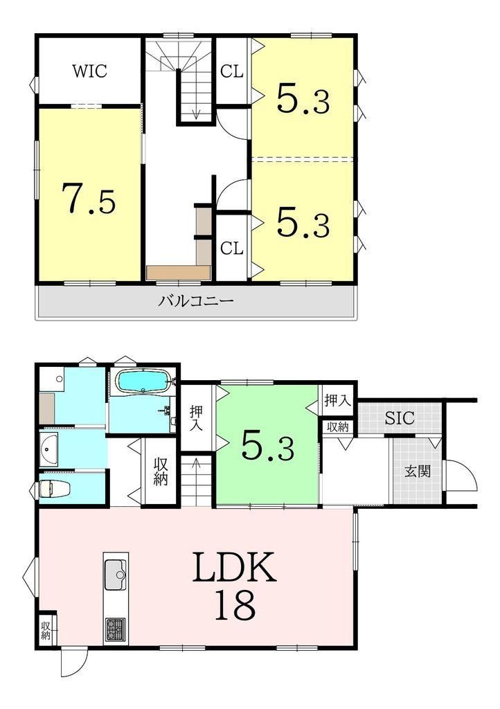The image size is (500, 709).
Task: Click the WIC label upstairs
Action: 90,71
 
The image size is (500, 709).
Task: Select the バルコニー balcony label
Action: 196,300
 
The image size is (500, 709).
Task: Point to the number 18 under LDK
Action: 235,605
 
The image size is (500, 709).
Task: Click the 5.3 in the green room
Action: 267,445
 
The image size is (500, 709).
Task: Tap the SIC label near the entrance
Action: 400,418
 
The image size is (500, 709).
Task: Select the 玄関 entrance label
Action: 418,471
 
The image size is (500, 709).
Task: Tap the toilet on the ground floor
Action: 53,488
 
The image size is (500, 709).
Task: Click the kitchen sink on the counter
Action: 116,574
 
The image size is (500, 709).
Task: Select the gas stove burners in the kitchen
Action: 116,630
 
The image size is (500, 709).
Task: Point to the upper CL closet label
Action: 232,71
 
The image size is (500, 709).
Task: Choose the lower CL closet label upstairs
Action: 232,248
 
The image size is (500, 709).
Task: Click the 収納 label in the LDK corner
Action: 46,630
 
